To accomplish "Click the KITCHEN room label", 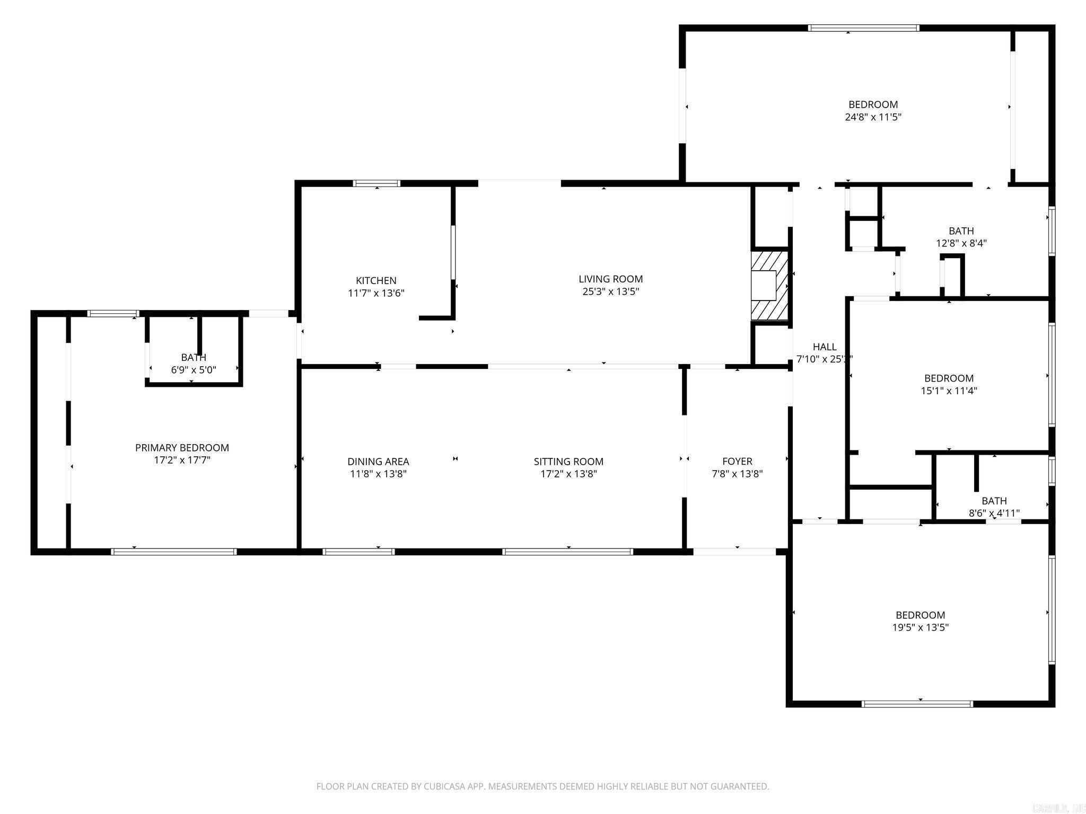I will click(x=376, y=280).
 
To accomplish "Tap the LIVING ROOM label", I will click(x=610, y=279).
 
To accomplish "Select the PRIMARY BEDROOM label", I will click(x=182, y=448).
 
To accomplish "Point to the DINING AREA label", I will click(x=378, y=462).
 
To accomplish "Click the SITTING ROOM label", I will click(x=568, y=462).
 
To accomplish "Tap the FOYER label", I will click(x=737, y=462).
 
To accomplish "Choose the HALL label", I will click(x=825, y=347).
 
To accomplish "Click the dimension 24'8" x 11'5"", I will click(x=873, y=117).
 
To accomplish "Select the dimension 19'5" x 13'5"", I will click(x=920, y=627).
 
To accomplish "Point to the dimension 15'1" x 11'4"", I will click(x=949, y=391).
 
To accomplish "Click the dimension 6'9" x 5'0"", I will click(x=194, y=370).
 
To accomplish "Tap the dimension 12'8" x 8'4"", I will click(x=961, y=244).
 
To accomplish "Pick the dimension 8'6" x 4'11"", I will click(x=994, y=513).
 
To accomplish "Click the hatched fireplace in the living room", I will click(x=769, y=286).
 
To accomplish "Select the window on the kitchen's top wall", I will click(x=376, y=183).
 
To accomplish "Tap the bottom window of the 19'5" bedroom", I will click(x=917, y=704).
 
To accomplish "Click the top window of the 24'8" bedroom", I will click(x=863, y=28).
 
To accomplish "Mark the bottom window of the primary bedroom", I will click(x=174, y=552).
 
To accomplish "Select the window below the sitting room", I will click(x=567, y=552).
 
